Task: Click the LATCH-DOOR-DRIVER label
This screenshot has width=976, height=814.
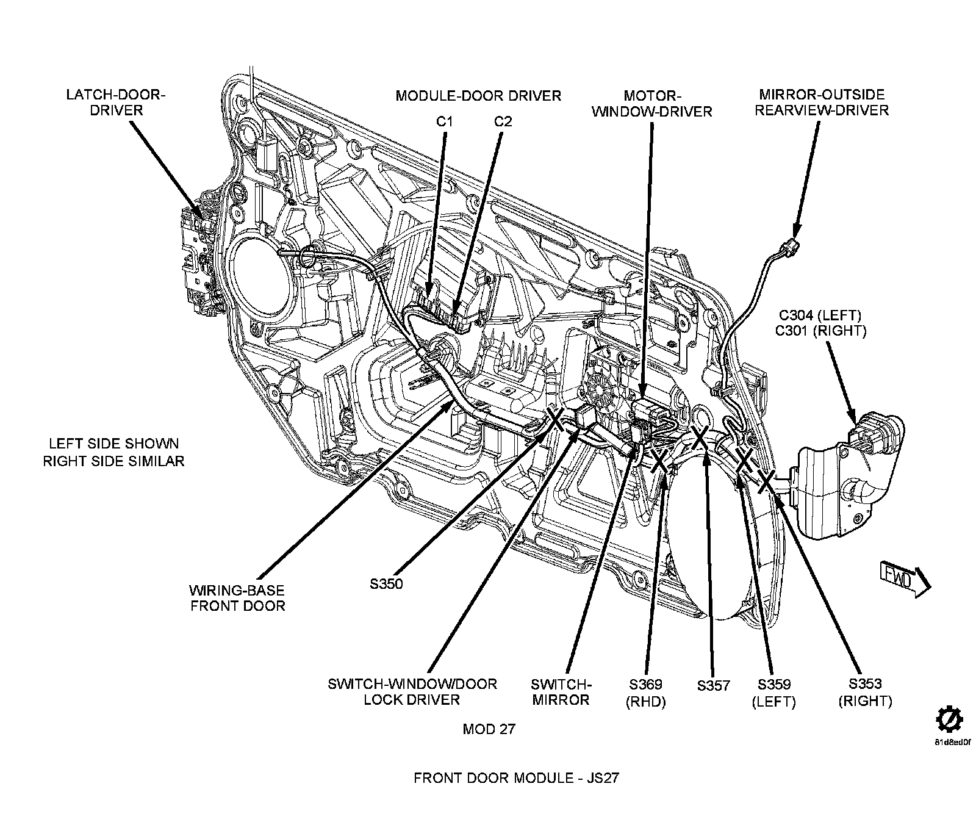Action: (116, 103)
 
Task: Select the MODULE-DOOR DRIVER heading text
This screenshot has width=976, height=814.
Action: (478, 96)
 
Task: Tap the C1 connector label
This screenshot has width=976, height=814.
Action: (445, 121)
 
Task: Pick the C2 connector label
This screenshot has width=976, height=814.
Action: (503, 121)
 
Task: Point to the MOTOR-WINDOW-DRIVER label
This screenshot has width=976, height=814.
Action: (652, 104)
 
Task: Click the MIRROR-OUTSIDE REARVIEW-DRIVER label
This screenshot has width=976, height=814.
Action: (821, 103)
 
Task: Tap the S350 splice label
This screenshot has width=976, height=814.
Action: (386, 584)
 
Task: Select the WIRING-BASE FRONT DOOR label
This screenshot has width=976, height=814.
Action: (237, 598)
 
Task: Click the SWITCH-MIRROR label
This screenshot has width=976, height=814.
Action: (561, 692)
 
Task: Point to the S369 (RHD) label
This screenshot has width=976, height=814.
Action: (646, 693)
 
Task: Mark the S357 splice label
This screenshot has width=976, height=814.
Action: (713, 686)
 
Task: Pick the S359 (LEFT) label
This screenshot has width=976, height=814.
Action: (774, 693)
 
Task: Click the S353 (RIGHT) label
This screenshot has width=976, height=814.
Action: (865, 693)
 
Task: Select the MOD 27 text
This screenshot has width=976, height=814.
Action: (489, 730)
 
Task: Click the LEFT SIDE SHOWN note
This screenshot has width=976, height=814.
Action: (113, 444)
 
